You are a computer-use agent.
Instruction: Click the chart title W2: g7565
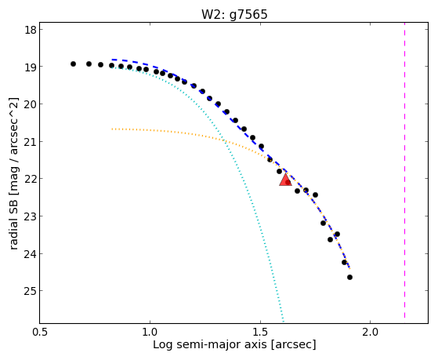pos(234,14)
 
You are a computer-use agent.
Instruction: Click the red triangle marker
pos(285,180)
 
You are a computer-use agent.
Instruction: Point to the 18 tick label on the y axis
pos(31,30)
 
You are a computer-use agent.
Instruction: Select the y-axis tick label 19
pos(31,67)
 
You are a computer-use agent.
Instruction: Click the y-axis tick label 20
pos(31,104)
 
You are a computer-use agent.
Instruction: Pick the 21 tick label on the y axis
pos(31,142)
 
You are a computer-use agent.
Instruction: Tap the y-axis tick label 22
pos(31,179)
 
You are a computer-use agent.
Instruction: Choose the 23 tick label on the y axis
pos(31,216)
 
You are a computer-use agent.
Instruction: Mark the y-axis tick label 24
pos(31,254)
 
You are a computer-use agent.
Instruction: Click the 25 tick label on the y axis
pos(31,291)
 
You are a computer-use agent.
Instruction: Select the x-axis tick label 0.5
pos(40,333)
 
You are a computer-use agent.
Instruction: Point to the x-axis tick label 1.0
pos(150,333)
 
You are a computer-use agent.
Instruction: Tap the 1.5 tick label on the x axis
pos(260,333)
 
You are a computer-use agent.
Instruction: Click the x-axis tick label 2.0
pos(370,333)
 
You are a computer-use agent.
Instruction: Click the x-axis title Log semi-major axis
pos(209,345)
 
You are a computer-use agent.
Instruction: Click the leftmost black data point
pos(73,64)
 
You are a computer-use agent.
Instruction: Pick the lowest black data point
pos(349,277)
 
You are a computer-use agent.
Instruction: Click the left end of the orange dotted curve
pos(112,129)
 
